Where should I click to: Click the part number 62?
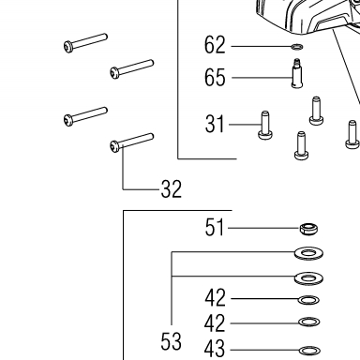215,45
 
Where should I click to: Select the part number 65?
215,78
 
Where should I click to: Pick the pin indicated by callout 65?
297,73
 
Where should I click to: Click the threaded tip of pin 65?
296,61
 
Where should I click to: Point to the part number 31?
215,124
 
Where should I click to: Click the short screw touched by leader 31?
265,126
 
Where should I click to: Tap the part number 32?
172,189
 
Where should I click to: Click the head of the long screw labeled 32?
114,146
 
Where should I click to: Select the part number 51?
215,228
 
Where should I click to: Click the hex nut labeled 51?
308,229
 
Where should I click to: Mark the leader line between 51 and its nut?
264,228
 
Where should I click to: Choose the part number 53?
171,341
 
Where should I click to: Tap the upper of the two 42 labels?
215,298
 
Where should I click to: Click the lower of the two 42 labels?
215,323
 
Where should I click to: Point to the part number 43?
215,349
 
